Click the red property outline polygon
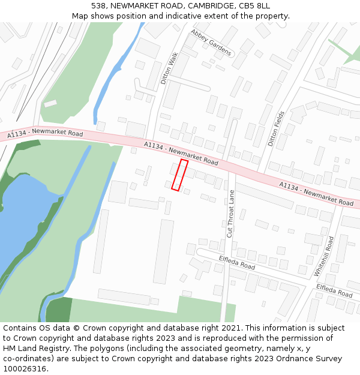(180, 175)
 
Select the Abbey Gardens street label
(211, 43)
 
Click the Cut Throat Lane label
(230, 214)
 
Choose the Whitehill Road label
(324, 256)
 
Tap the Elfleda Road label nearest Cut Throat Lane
(237, 262)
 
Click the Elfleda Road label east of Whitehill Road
(334, 290)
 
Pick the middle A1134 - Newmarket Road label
(181, 153)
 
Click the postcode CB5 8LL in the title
(256, 6)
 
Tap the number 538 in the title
(99, 6)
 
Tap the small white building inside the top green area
(50, 103)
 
